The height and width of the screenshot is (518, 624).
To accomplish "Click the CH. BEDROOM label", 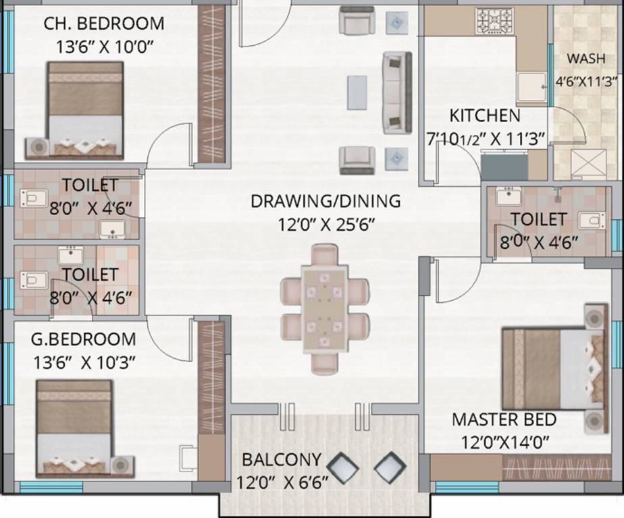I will pyautogui.click(x=104, y=24).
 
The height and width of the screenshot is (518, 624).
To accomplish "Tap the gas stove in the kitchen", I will pyautogui.click(x=494, y=21).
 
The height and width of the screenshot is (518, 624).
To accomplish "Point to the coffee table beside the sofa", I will pyautogui.click(x=357, y=92).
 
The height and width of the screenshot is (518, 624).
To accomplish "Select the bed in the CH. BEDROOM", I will pyautogui.click(x=85, y=109).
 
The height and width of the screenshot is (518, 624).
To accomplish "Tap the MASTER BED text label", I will pyautogui.click(x=504, y=420).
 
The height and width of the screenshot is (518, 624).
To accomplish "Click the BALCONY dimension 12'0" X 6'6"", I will pyautogui.click(x=282, y=483).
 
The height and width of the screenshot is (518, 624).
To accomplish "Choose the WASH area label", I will pyautogui.click(x=586, y=59).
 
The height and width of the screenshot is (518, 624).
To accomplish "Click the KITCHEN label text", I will pyautogui.click(x=485, y=115).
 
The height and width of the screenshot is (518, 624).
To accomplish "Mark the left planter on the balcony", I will pyautogui.click(x=342, y=467).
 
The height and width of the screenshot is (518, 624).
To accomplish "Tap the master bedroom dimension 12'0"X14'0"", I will pyautogui.click(x=504, y=442).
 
